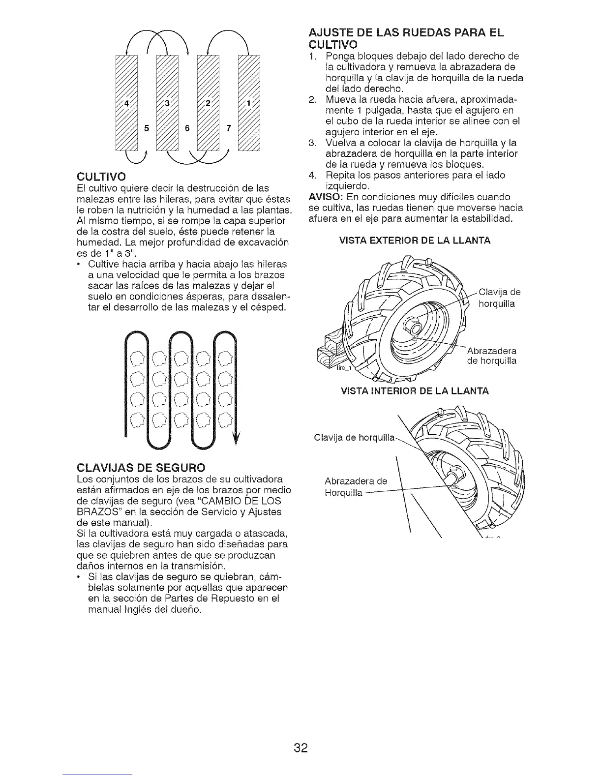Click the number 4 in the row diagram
126,104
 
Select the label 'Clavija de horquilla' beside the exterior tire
499,298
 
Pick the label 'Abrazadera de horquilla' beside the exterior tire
491,356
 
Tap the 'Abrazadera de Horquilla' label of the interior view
356,487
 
